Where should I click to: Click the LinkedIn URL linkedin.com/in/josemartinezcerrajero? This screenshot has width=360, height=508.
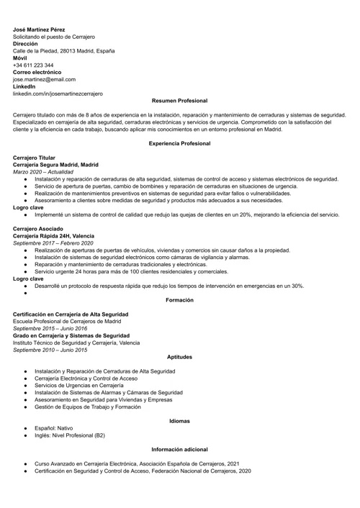point(58,94)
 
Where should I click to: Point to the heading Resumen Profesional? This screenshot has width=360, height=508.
point(179,101)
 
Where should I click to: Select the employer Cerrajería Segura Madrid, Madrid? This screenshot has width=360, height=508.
point(55,164)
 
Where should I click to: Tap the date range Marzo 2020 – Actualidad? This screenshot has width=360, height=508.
point(42,171)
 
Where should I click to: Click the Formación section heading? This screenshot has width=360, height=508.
point(179,299)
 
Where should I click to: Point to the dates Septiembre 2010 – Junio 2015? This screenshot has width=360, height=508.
point(50,350)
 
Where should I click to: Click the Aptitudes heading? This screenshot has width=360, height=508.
point(179,357)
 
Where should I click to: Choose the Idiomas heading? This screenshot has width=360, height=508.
point(179,420)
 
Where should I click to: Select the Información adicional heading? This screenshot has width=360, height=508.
point(179,449)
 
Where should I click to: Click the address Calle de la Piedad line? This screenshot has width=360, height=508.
point(63,51)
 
